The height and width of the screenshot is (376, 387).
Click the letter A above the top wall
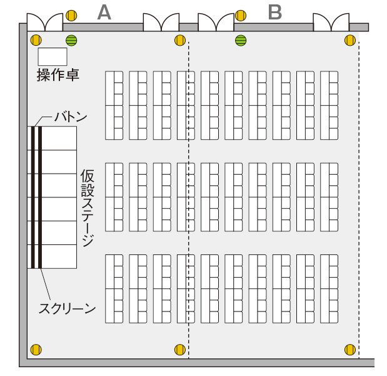tap(104, 13)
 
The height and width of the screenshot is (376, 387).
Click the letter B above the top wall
tap(275, 13)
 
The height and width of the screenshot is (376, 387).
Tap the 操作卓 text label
tap(58, 75)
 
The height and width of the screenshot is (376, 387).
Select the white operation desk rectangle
tap(53, 56)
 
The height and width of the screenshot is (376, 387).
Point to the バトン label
tap(71, 117)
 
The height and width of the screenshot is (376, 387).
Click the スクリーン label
tap(67, 308)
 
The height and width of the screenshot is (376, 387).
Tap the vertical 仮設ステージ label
tap(88, 208)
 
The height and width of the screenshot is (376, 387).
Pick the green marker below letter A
tap(71, 40)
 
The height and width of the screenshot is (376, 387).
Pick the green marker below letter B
tap(241, 40)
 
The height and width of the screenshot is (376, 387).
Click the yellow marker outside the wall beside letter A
tap(71, 16)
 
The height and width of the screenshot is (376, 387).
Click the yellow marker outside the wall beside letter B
tap(241, 16)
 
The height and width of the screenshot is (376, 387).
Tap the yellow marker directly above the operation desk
tap(36, 40)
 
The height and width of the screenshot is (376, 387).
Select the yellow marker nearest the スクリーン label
tap(36, 350)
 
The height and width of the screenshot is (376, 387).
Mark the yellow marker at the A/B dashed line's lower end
tap(180, 350)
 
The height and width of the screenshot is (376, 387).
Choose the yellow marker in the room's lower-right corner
tap(350, 350)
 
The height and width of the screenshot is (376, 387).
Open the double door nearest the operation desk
tap(45, 23)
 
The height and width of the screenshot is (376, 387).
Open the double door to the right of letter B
tap(331, 23)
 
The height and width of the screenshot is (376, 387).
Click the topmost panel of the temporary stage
tap(52, 138)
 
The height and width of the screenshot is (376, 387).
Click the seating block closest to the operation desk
tap(114, 105)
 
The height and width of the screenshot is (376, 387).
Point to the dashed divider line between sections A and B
tap(189, 200)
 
